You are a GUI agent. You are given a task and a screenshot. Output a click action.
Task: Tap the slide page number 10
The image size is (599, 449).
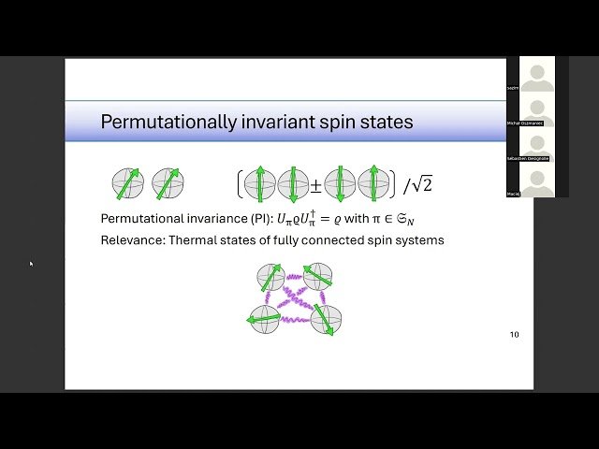514,335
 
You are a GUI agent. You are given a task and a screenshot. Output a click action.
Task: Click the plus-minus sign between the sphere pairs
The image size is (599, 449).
316,184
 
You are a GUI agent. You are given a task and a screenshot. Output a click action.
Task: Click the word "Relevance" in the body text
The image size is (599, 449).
131,240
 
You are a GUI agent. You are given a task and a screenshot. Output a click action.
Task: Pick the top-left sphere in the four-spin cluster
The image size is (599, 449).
270,278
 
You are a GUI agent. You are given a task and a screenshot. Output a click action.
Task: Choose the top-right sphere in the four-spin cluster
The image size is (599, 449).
318,276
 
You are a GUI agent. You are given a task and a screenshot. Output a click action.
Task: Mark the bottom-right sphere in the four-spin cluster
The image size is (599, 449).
327,320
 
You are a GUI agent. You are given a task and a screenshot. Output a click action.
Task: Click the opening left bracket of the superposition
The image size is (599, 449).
241,184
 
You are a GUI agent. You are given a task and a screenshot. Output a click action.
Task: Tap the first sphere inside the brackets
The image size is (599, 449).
259,184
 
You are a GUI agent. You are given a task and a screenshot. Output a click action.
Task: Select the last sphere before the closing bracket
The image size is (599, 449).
373,184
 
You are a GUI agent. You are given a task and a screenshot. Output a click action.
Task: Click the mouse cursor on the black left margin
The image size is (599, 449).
30,264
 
